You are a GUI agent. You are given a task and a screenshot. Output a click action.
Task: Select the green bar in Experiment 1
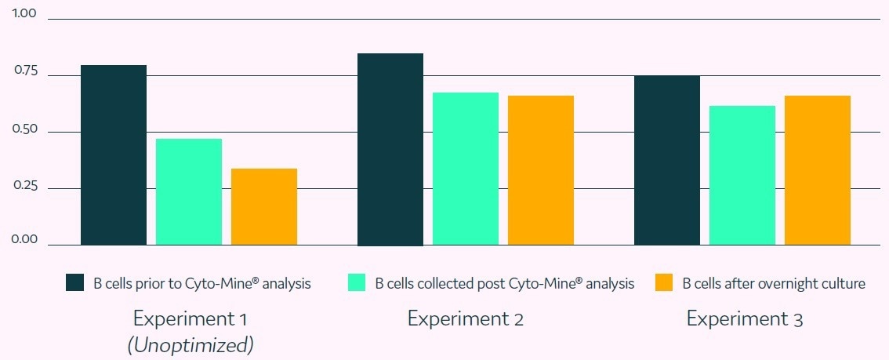click(189, 192)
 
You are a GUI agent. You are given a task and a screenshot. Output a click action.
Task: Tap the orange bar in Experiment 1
click(264, 207)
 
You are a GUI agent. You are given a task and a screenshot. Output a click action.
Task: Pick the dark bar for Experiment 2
click(390, 149)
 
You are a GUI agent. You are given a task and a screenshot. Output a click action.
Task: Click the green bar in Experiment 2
click(466, 169)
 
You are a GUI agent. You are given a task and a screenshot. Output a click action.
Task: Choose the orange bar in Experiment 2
click(541, 170)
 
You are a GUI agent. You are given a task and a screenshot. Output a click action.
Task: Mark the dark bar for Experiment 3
click(667, 160)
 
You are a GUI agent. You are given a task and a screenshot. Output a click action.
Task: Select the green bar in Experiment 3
click(742, 176)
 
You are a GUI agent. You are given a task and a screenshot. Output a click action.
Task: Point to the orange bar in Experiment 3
click(818, 170)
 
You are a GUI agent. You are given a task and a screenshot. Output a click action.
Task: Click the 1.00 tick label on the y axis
click(25, 15)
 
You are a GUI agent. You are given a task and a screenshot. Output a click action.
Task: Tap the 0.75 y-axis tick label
click(25, 71)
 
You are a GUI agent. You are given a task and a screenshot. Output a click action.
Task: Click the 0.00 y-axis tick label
click(25, 240)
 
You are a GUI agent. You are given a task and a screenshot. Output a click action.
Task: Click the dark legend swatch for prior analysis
click(74, 283)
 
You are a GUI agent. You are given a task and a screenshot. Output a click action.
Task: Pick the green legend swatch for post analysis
click(357, 283)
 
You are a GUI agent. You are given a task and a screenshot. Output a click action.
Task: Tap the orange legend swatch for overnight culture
click(664, 283)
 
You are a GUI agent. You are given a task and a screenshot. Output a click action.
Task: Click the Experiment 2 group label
click(465, 319)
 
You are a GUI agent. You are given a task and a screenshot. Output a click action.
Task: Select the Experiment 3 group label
click(745, 319)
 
